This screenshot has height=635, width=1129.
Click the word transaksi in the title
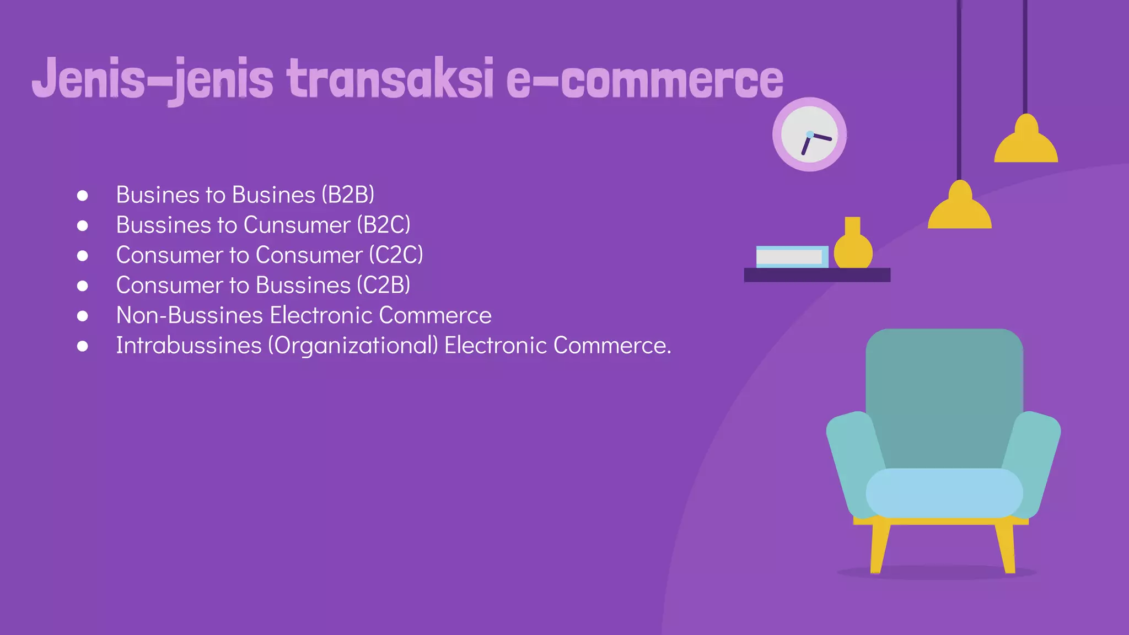click(390, 79)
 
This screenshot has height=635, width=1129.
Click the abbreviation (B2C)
click(383, 225)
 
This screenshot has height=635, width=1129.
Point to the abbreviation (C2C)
click(396, 255)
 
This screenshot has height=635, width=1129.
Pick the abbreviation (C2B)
click(383, 285)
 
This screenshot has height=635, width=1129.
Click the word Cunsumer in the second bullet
click(297, 225)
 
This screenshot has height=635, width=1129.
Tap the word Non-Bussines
click(190, 315)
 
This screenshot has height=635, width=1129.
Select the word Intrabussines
click(189, 346)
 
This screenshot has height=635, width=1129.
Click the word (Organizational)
click(353, 346)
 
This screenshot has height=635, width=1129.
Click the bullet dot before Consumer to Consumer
click(83, 256)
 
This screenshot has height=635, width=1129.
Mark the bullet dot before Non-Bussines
click(83, 316)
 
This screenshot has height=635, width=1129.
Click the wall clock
click(809, 134)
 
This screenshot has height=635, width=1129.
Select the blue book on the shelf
click(792, 257)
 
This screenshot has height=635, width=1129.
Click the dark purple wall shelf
click(816, 275)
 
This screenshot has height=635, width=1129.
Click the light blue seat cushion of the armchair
click(944, 493)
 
